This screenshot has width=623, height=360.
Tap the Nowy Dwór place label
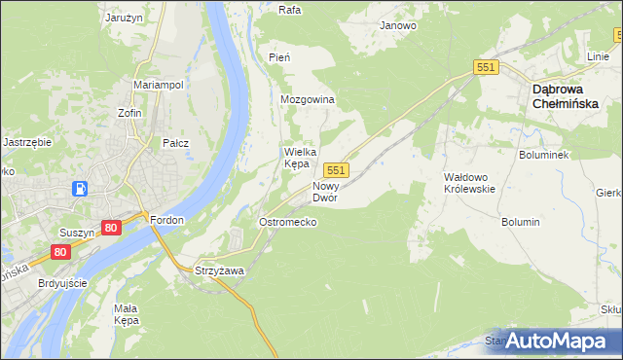[x=325, y=191]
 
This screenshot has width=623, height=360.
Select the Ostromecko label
[x=286, y=222]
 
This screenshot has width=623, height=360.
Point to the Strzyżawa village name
[x=219, y=270]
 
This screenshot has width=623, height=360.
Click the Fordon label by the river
[x=167, y=220]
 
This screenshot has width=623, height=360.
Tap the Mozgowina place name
[x=307, y=100]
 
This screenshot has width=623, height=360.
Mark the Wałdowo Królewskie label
[x=469, y=183]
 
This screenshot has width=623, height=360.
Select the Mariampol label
[x=159, y=85]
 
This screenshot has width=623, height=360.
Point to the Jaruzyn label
[x=125, y=17]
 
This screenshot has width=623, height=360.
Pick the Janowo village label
[x=398, y=25]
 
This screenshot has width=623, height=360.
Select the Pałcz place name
[x=175, y=143]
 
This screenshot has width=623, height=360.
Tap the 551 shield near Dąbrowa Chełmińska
[x=487, y=66]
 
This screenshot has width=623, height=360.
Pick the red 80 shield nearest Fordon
[x=110, y=228]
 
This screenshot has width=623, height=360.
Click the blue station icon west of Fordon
[x=83, y=189]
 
